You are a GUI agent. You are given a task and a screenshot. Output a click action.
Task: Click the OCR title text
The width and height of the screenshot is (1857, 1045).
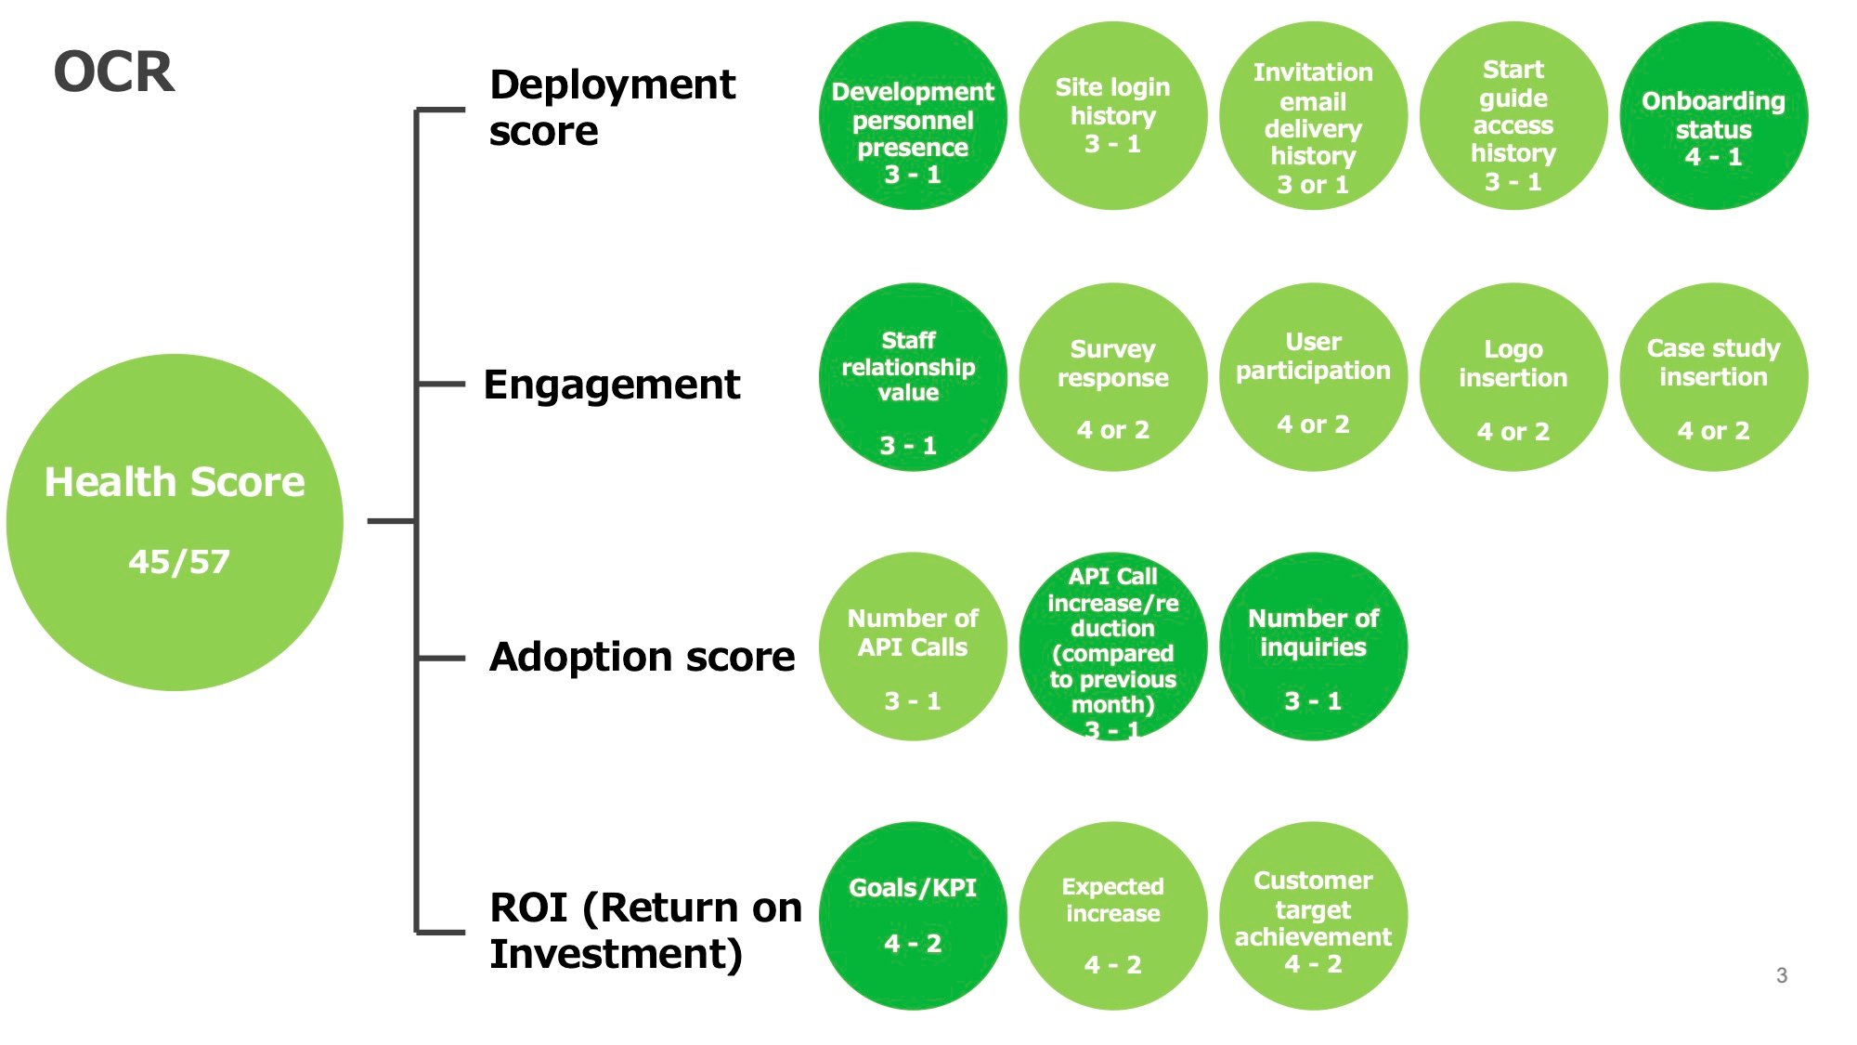pos(114,72)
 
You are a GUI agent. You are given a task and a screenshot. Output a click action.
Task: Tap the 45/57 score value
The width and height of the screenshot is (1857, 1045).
pos(179,562)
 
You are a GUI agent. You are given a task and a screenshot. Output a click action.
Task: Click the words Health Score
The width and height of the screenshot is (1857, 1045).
pos(175,482)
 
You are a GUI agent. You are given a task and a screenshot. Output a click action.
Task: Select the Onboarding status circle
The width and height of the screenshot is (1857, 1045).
pos(1713,116)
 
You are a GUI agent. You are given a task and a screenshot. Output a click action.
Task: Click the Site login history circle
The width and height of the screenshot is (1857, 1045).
pos(1113,116)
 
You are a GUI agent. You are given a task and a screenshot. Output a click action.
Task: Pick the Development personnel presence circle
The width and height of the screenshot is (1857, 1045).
pos(913,116)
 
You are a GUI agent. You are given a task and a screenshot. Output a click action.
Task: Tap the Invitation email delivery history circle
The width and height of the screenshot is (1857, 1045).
pos(1313,116)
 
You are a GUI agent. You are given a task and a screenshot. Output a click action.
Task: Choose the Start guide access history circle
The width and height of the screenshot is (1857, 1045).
pos(1513,116)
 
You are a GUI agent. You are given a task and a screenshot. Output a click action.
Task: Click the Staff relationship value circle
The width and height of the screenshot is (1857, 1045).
pos(913,377)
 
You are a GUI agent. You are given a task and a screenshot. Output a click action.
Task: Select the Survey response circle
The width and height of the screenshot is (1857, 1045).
pos(1113,377)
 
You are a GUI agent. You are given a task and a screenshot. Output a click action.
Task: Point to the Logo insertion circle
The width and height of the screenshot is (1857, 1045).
pos(1513,377)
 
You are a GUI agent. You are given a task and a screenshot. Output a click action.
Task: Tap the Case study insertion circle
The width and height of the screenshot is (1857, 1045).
pos(1713,377)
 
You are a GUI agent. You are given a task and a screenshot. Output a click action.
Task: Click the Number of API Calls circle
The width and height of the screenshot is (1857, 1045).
pos(913,647)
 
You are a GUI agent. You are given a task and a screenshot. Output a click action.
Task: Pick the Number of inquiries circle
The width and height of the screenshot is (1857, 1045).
pos(1313,647)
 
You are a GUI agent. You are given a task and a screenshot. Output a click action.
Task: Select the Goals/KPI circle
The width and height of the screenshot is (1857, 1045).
pos(913,916)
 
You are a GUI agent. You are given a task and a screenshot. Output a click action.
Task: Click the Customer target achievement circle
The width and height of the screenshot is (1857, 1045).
pos(1313,916)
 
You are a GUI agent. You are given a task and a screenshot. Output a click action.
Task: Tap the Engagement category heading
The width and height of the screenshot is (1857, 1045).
pos(612,385)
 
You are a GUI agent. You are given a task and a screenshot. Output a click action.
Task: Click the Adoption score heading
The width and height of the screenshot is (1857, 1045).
pos(642,657)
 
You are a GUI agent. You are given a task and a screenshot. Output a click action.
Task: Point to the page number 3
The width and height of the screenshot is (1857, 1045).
pos(1782,975)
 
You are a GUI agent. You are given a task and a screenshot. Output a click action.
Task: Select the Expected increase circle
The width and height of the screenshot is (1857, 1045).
pos(1113,916)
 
